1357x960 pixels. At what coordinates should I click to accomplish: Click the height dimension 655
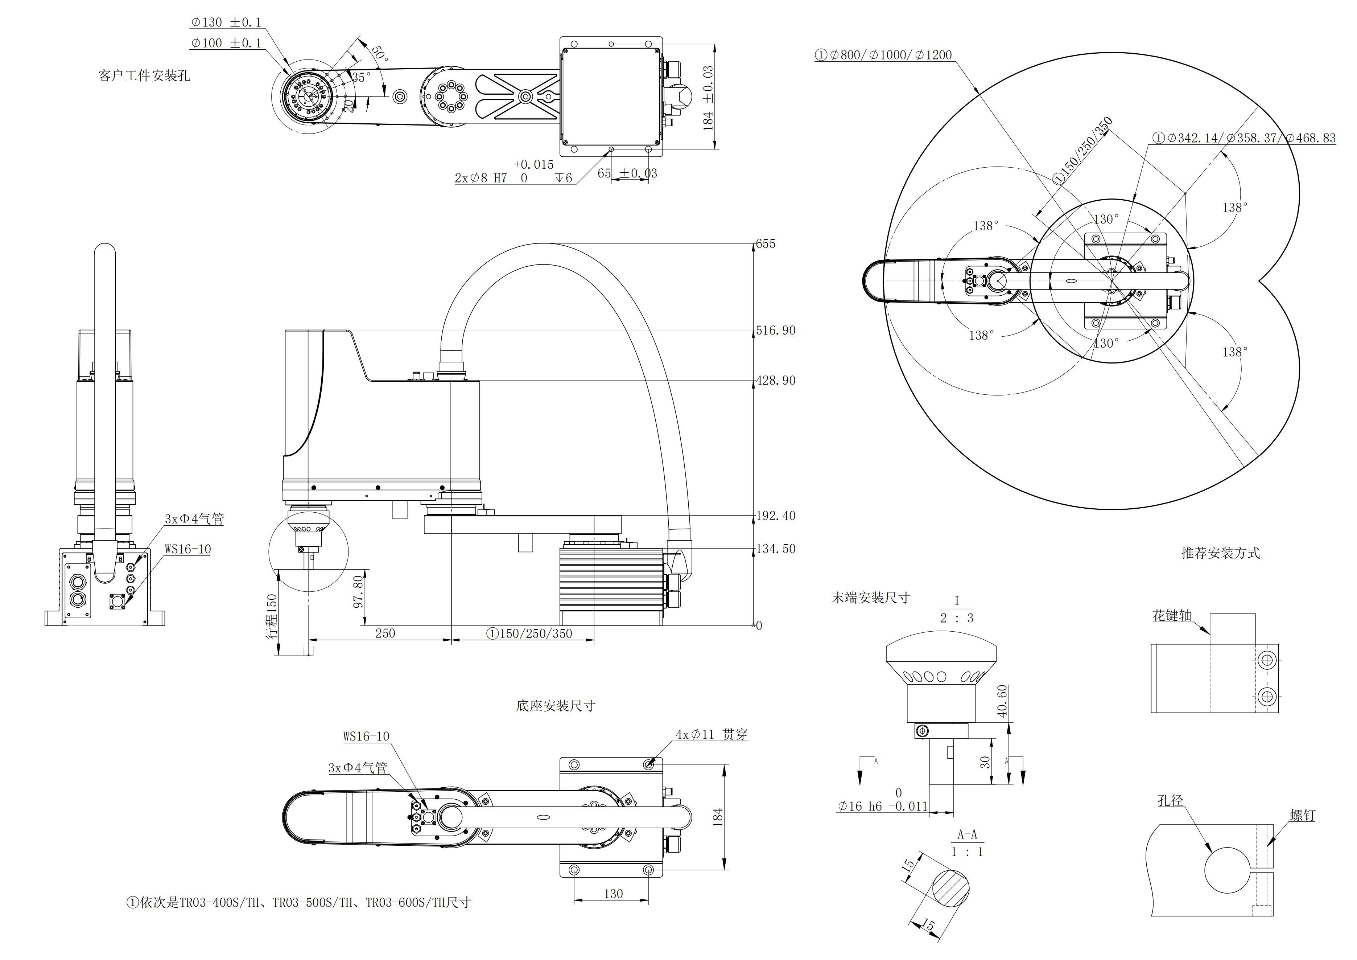766,244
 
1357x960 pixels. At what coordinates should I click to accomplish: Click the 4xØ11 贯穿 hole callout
712,735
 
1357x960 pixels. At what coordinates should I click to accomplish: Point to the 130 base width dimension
613,894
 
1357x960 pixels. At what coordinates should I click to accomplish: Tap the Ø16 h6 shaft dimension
882,806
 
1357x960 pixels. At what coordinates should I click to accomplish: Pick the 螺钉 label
1302,816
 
